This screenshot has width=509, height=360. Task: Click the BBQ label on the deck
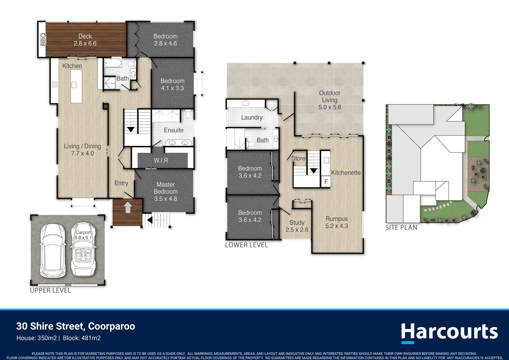tap(43, 40)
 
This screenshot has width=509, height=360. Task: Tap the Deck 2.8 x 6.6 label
tap(85, 40)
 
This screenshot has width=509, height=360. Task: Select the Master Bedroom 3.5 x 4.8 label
tap(166, 192)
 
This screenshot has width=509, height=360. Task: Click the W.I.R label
tap(161, 160)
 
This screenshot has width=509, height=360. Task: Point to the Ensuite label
tap(174, 130)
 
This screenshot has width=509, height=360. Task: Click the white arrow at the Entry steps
tap(128, 207)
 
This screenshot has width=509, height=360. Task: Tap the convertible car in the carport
tap(83, 250)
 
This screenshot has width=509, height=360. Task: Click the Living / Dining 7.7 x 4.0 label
tap(82, 150)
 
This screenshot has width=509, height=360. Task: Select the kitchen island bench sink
tap(74, 85)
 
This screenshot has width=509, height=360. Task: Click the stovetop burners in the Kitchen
tap(55, 84)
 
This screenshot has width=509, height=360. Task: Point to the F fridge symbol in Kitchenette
tap(326, 182)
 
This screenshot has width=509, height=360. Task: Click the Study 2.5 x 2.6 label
tap(297, 226)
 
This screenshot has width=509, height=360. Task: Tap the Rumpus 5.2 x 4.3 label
tap(336, 222)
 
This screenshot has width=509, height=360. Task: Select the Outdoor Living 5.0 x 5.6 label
tap(330, 100)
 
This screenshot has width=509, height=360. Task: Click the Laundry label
tap(252, 118)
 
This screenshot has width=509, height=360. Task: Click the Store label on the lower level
tap(298, 159)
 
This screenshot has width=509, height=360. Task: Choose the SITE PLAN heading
tap(401, 228)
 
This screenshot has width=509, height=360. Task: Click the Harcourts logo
tap(449, 332)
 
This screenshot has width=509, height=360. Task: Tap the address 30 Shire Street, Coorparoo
tap(76, 326)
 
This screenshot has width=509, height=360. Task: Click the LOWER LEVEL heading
tap(247, 245)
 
